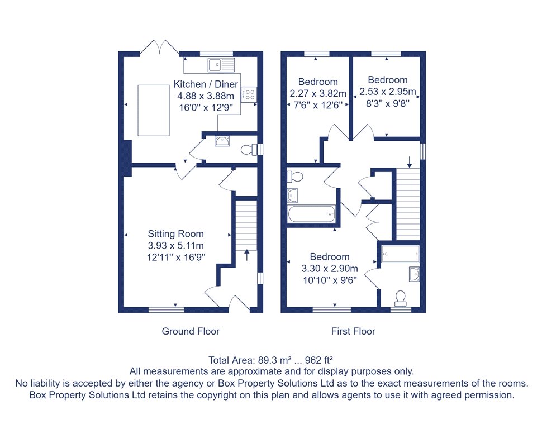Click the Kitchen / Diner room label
point(206,84)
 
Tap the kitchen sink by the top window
point(221,65)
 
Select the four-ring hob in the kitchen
point(249,94)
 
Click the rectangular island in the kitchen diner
point(154,110)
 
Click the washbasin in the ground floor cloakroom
point(222,141)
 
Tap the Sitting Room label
point(175,234)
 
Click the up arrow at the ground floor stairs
point(247,255)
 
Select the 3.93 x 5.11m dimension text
point(175,246)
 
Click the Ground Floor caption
point(191,331)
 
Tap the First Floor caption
point(353,331)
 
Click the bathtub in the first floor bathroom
point(311,214)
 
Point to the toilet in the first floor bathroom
point(295,177)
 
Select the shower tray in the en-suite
point(400,254)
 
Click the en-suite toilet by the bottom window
point(401,299)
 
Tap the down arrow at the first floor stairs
point(410,162)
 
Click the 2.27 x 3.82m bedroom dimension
point(318,94)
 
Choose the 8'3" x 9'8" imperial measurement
point(388,103)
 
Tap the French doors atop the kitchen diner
point(160,47)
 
